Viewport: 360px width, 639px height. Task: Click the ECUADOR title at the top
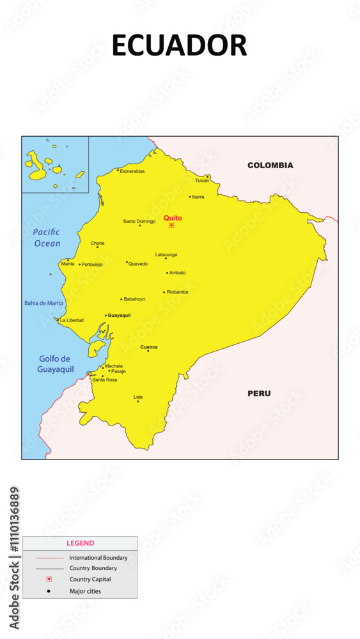179,45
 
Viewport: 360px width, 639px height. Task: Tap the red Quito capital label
173,218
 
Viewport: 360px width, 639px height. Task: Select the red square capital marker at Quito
171,226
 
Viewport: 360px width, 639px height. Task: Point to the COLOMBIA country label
270,166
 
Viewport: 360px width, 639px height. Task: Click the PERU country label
259,394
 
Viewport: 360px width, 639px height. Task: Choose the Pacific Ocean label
47,238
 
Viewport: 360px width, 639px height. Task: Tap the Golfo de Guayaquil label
56,364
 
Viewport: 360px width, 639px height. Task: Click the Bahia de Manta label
43,303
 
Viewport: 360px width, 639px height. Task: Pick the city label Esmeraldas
132,171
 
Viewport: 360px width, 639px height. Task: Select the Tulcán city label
202,181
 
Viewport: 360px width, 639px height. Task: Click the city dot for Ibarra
190,197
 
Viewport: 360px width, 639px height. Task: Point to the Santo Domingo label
139,221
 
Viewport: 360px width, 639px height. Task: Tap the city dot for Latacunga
166,258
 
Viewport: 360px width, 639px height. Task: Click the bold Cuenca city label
149,347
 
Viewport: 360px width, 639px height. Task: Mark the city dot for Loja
137,401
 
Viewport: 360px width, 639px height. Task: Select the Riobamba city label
177,292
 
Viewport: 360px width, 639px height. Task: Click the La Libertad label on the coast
72,320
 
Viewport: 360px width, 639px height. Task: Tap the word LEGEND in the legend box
80,543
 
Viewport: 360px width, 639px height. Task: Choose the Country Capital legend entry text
90,580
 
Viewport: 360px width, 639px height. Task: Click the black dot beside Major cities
49,591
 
